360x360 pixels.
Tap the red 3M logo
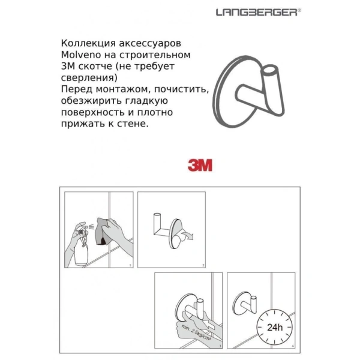[199, 166]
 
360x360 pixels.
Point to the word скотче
[95, 67]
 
